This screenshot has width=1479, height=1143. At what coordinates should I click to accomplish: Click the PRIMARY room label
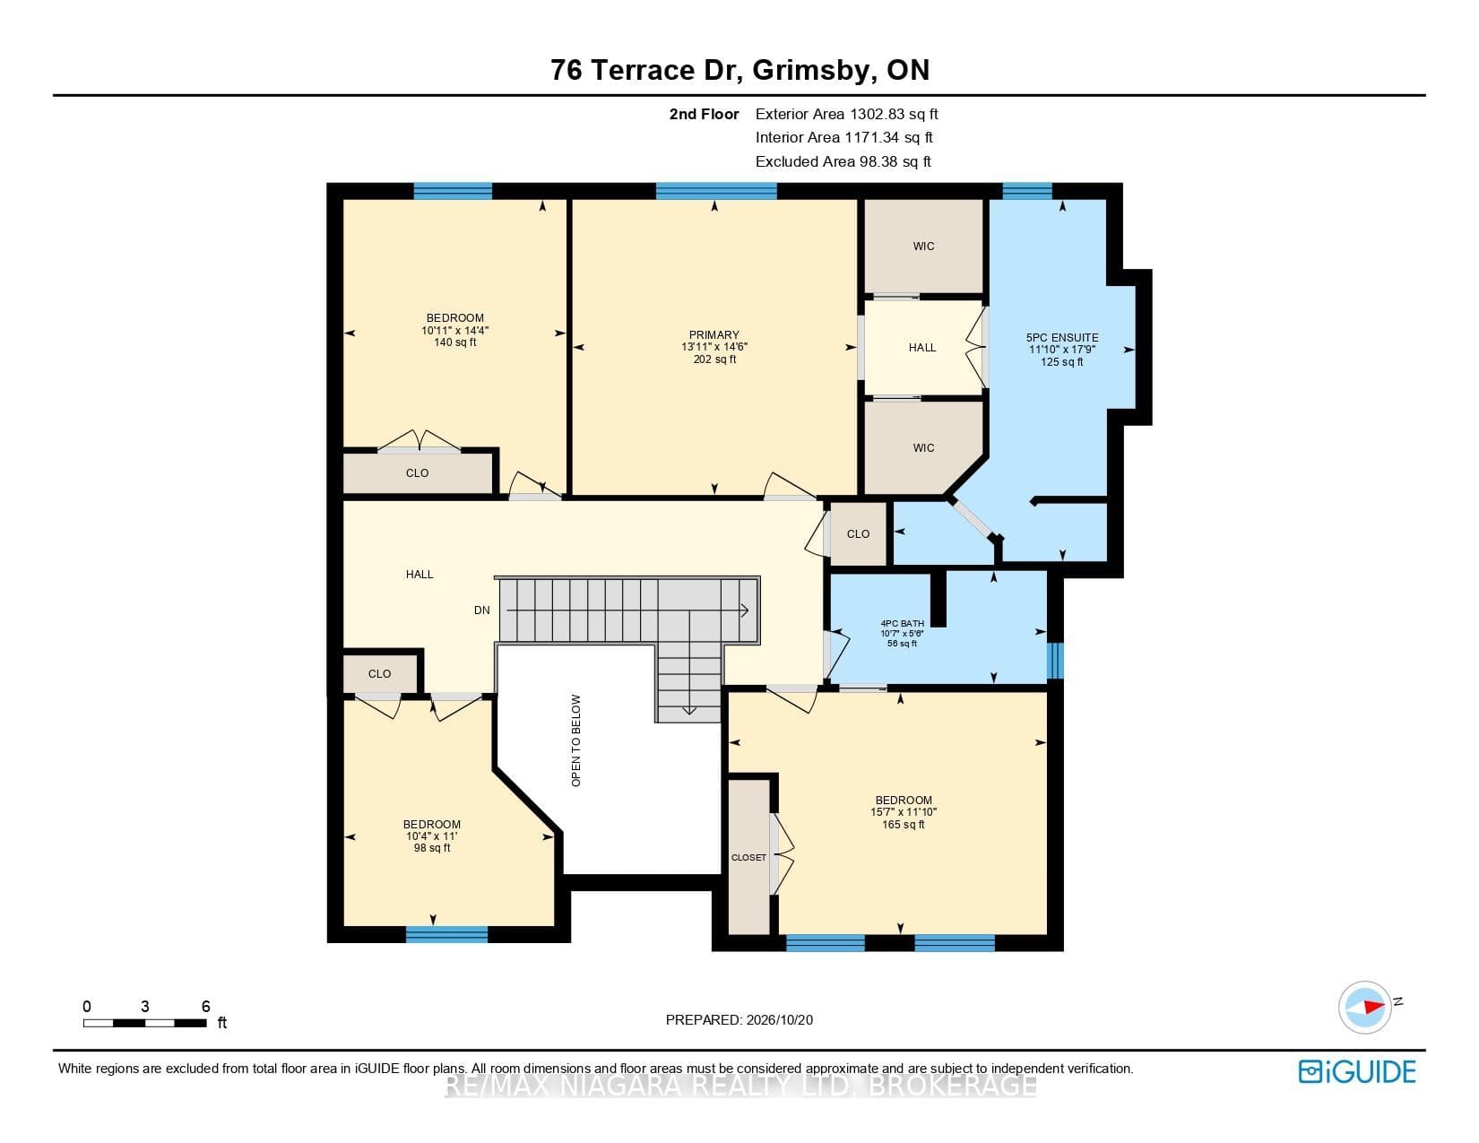point(714,335)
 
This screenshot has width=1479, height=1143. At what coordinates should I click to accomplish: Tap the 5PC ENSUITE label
point(1062,338)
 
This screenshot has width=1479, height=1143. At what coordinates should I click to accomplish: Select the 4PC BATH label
point(902,623)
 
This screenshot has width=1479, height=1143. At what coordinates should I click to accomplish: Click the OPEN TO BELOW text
point(575,740)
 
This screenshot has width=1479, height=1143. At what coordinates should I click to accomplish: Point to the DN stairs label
point(482,610)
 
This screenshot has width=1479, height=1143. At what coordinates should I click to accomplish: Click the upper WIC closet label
point(923,247)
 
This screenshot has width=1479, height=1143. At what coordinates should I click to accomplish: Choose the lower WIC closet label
point(923,448)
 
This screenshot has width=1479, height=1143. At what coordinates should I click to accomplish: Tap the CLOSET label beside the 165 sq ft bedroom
point(748,858)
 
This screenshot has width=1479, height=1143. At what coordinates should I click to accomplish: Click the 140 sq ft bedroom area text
point(454,342)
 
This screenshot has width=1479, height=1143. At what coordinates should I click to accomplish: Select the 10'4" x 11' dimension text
point(431,836)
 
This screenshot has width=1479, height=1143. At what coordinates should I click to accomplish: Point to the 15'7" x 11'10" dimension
point(904,812)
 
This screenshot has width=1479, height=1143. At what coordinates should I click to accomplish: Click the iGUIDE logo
point(1356,1071)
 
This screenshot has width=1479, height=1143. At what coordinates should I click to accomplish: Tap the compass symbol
point(1364,1007)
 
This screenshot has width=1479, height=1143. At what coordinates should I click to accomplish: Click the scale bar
point(145,1023)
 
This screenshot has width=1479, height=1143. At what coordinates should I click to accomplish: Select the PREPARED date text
point(739,1020)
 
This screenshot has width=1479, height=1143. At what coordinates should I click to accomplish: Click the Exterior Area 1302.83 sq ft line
point(847,115)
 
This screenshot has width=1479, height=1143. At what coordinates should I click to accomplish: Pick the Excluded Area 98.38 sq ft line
point(843,162)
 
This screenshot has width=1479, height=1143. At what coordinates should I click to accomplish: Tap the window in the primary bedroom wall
point(716,191)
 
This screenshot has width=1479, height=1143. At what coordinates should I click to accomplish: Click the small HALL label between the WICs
point(922,348)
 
